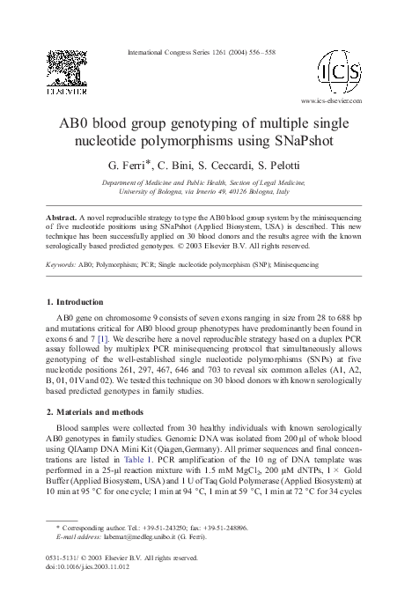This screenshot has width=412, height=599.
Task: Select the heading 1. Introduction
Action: pos(80,301)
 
